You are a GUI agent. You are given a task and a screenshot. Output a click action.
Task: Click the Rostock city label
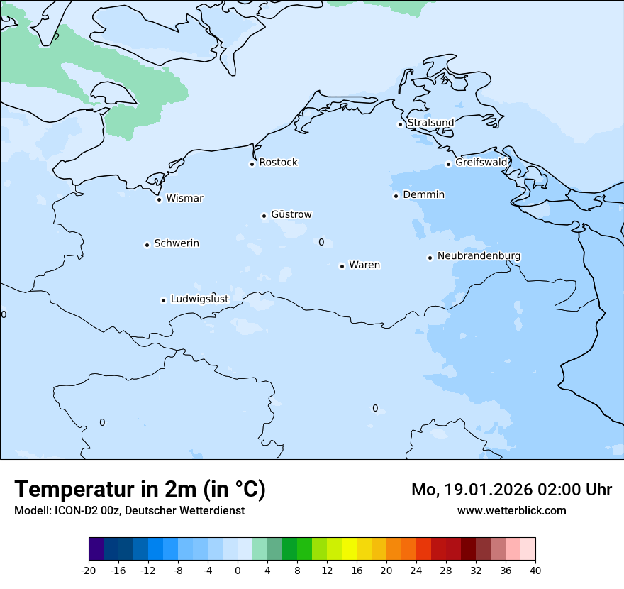[x=278, y=163]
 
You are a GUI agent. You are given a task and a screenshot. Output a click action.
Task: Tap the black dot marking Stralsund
[x=400, y=124]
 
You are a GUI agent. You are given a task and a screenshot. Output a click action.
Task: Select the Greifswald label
[x=481, y=163]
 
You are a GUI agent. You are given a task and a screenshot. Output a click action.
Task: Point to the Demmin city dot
[x=396, y=196]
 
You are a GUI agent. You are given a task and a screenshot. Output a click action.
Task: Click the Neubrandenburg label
[x=479, y=256]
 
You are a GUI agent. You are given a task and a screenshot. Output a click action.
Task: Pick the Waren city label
[x=364, y=265]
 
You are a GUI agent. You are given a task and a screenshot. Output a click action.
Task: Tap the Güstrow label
[x=291, y=214]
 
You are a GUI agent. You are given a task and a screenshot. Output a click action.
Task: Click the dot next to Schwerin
[x=147, y=245]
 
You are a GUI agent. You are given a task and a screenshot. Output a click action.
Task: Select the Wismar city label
[x=184, y=199]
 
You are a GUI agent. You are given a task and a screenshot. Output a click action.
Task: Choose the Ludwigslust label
[x=199, y=299]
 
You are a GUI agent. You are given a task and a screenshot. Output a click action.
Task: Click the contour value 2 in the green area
[x=57, y=37]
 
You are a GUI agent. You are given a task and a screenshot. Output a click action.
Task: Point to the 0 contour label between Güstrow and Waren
[x=321, y=243]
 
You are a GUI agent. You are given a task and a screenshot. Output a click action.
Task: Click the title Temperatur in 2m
[x=140, y=490]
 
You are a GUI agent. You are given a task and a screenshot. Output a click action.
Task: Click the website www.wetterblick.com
[x=511, y=510]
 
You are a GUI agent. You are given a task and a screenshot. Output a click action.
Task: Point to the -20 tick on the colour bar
[x=89, y=570]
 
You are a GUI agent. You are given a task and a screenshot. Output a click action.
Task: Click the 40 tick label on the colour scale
[x=535, y=570]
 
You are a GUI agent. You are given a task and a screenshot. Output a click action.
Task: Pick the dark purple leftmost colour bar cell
[x=96, y=549]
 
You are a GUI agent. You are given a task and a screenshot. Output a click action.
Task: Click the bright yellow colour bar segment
[x=349, y=549]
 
